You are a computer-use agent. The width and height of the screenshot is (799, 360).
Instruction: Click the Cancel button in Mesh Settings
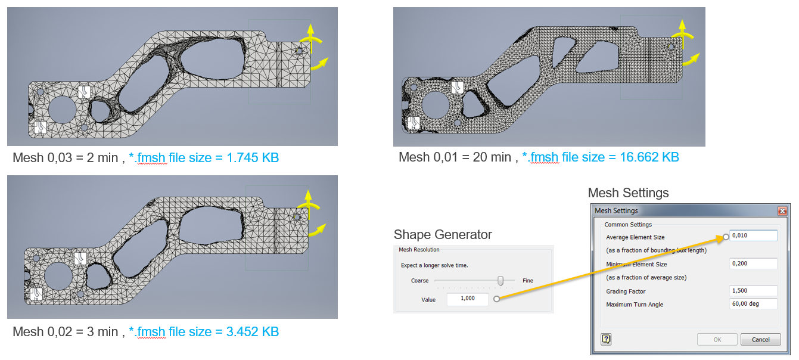point(760,339)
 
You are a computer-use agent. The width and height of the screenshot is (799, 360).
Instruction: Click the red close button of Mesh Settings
point(782,211)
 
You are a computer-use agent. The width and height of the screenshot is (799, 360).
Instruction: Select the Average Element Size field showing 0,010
point(753,235)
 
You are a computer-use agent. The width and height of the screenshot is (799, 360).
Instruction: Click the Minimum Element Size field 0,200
point(753,263)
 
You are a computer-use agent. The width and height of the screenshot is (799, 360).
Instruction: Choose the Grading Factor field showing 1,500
point(753,291)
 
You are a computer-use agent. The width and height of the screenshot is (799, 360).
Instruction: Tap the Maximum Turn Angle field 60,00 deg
point(753,304)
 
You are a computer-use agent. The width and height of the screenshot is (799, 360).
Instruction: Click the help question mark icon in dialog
point(607,339)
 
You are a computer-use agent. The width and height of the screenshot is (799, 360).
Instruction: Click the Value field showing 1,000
point(468,299)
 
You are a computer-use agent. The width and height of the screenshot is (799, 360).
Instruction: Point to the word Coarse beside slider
point(419,281)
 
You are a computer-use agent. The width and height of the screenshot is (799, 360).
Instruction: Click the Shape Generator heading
point(443,235)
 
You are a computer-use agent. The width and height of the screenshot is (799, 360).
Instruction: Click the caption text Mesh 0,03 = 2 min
point(66,158)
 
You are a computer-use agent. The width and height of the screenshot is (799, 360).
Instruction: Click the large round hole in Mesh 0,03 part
point(61,109)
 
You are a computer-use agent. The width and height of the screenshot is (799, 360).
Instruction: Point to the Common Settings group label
point(628,225)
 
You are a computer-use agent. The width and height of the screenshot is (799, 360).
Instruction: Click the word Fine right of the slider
point(527,281)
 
